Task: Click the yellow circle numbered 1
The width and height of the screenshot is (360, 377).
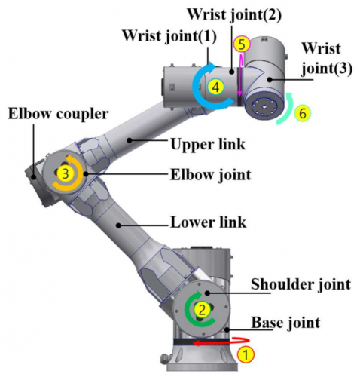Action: click(244, 351)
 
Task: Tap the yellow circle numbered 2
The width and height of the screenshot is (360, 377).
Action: click(201, 309)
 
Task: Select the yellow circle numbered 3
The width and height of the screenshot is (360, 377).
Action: click(66, 173)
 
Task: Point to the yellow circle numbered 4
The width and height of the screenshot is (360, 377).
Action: click(215, 87)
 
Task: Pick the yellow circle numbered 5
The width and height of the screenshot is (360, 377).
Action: click(241, 44)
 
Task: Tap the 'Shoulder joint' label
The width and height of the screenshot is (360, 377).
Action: click(300, 284)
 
